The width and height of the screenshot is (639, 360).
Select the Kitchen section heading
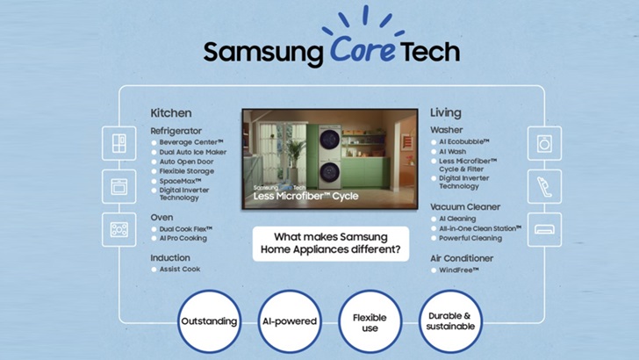170,113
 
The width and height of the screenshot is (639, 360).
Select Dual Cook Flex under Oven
188,228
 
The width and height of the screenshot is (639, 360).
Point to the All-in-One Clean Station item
479,228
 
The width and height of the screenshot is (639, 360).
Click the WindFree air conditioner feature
459,270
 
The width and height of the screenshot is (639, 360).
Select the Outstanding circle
209,320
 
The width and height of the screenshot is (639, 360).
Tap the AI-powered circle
289,320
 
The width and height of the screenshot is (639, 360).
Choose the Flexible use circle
370,320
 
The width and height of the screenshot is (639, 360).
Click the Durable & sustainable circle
449,320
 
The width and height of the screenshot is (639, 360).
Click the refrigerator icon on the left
118,143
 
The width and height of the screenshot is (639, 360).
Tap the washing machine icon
544,143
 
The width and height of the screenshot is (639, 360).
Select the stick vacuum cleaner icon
544,186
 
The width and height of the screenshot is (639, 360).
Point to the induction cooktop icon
118,229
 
